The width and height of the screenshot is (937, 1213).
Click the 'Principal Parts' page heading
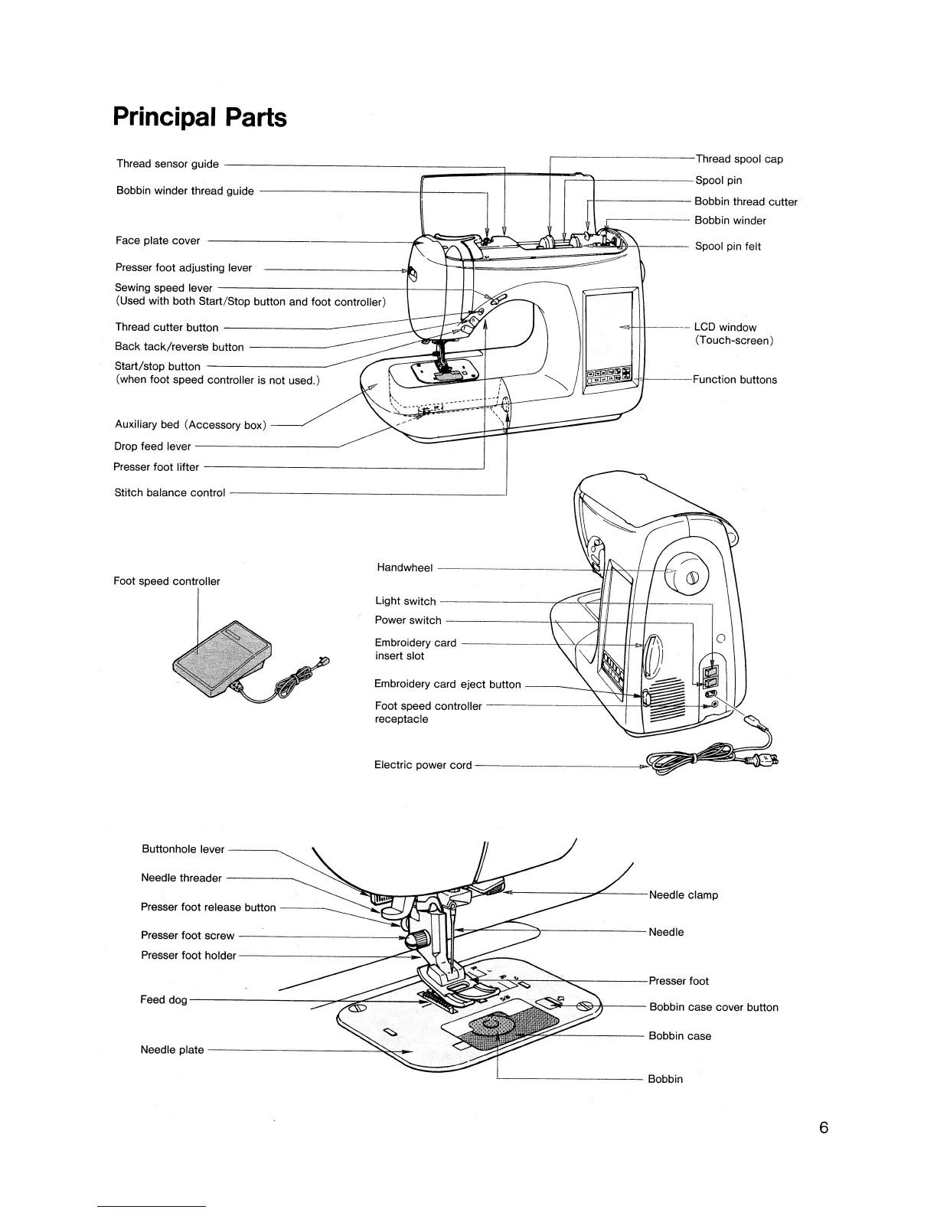click(x=200, y=117)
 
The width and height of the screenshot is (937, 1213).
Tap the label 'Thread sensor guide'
click(x=168, y=164)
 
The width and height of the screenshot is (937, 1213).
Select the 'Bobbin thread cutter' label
click(x=746, y=202)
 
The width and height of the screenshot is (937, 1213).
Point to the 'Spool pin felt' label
click(x=727, y=247)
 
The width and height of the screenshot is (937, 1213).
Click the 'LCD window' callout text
click(x=725, y=328)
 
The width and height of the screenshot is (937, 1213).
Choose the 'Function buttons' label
click(x=734, y=380)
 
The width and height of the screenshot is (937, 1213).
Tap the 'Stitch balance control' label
click(x=170, y=493)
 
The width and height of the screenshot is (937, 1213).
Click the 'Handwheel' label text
click(x=405, y=568)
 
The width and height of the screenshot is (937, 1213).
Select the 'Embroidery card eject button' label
click(x=448, y=685)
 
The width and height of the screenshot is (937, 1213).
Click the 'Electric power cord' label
click(x=423, y=765)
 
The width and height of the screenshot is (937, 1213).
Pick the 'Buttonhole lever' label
click(x=183, y=849)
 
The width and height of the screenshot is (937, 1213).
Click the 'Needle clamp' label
click(x=683, y=895)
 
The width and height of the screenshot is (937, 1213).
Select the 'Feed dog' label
click(x=164, y=1000)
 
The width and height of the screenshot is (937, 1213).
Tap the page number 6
click(x=824, y=1128)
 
